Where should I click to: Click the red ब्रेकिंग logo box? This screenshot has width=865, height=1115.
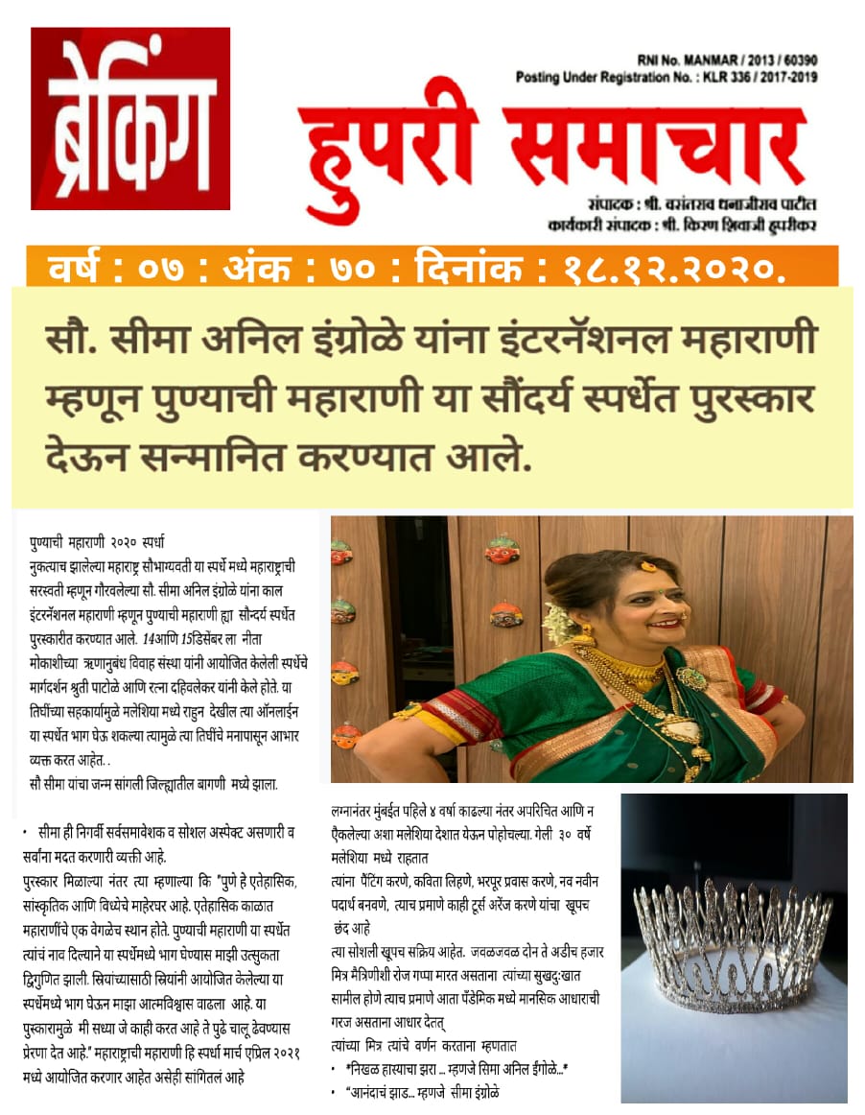(130, 118)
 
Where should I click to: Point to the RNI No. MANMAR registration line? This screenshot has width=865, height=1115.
(727, 60)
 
